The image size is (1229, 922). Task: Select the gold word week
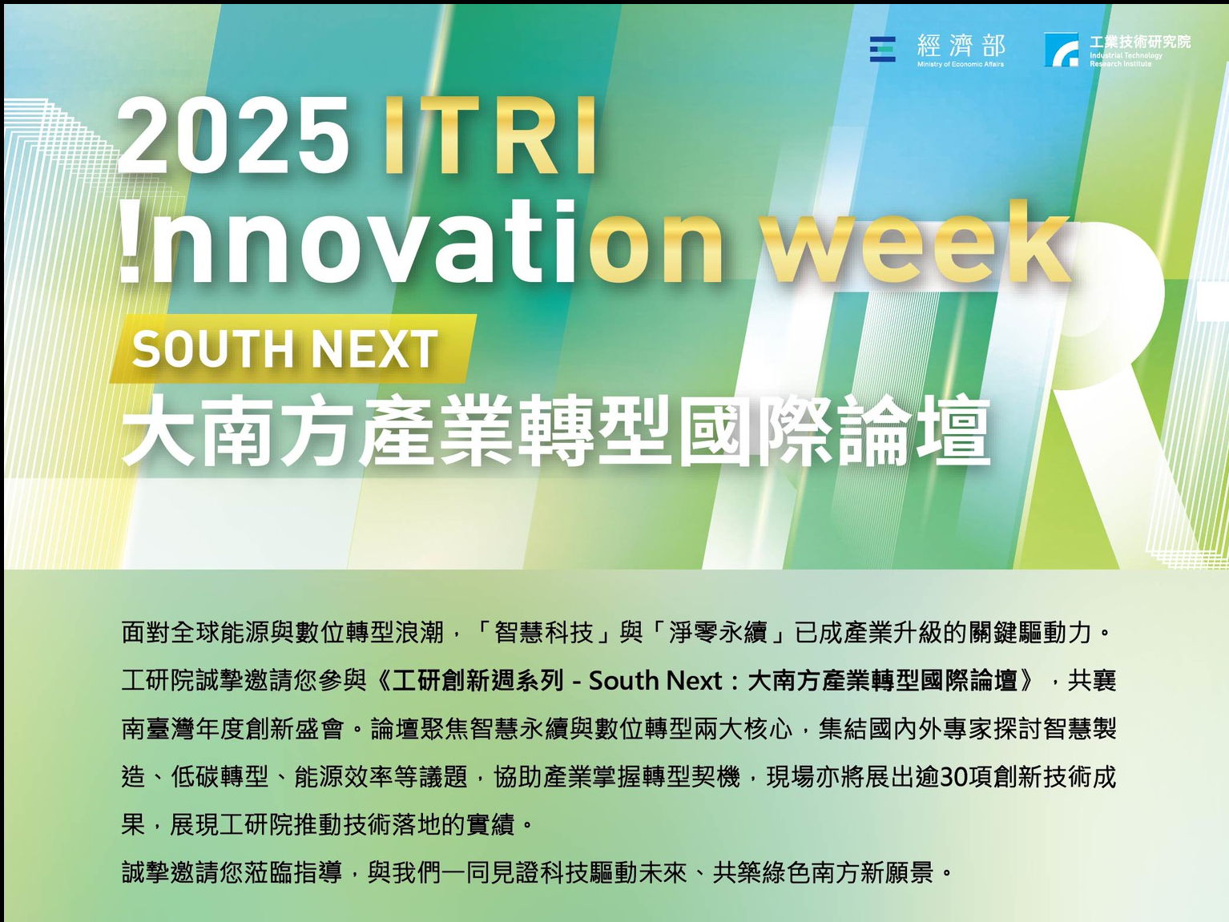tap(918, 241)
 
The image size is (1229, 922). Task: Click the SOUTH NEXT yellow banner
tap(293, 348)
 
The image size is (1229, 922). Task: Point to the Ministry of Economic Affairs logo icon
tap(882, 49)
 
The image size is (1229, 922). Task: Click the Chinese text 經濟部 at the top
tap(961, 46)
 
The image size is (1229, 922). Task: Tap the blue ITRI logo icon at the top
tap(1062, 49)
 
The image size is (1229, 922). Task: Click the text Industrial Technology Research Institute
tap(1126, 59)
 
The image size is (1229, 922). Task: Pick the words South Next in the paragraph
tap(655, 681)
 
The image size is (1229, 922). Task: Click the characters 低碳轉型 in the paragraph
tap(220, 777)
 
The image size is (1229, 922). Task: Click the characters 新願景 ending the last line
tap(897, 873)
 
